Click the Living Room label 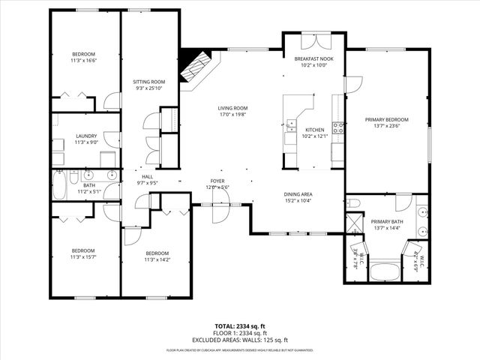(x=232, y=108)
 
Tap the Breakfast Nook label (x=314, y=58)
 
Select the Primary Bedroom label (x=386, y=120)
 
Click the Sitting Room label (x=148, y=82)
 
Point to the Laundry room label (x=86, y=136)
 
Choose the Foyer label (x=217, y=181)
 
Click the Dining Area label (x=297, y=194)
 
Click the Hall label (x=147, y=176)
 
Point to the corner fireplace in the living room (x=196, y=68)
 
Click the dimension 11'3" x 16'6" (x=83, y=60)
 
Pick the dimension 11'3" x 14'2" (x=157, y=259)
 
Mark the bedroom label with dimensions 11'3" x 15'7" (x=83, y=250)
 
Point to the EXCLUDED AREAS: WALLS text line (x=240, y=338)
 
